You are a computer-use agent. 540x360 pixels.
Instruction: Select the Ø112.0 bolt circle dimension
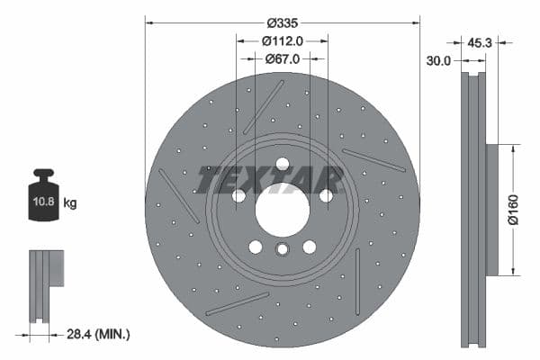pyautogui.click(x=282, y=40)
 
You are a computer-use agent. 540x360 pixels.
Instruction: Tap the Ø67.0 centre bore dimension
pyautogui.click(x=282, y=58)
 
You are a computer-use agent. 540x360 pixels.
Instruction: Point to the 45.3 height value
pyautogui.click(x=479, y=40)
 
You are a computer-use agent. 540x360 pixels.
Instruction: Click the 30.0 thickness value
pyautogui.click(x=438, y=61)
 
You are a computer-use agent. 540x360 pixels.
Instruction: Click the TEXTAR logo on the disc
pyautogui.click(x=270, y=179)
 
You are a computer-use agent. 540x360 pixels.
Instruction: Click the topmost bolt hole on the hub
pyautogui.click(x=282, y=164)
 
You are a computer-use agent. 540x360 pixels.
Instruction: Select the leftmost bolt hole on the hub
pyautogui.click(x=238, y=195)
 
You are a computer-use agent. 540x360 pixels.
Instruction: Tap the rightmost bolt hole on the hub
pyautogui.click(x=326, y=195)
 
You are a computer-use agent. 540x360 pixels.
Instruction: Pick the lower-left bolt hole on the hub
pyautogui.click(x=255, y=247)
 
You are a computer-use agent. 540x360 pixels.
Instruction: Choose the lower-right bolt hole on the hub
pyautogui.click(x=309, y=247)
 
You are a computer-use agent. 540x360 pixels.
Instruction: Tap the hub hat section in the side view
pyautogui.click(x=491, y=209)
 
